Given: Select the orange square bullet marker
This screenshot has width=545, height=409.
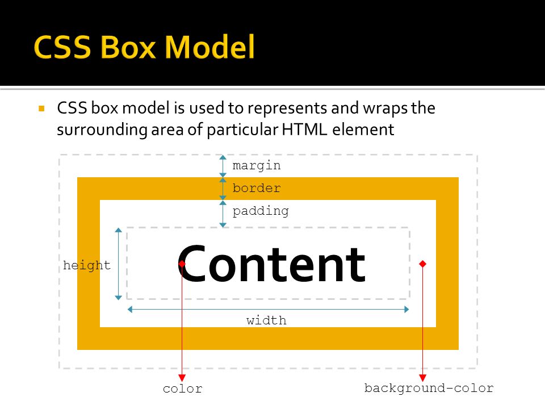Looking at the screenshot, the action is tap(41, 108).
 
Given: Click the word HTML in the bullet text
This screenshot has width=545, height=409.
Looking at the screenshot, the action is tap(304, 130).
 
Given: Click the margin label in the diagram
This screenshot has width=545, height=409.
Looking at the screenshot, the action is tap(257, 165).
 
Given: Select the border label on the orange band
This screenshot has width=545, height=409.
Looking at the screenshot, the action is tap(257, 188).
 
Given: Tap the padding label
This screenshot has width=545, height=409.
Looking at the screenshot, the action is tap(261, 211).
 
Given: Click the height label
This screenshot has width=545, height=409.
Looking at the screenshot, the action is tap(87, 265).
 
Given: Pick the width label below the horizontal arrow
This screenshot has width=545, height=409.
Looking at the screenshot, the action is tap(267, 320).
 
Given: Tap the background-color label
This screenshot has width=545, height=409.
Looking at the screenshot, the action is tap(429, 388).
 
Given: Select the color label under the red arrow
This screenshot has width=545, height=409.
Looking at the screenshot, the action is tap(182, 389).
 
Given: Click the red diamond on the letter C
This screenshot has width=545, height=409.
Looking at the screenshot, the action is tap(182, 264).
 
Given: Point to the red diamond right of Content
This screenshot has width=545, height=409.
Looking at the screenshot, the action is tap(422, 264).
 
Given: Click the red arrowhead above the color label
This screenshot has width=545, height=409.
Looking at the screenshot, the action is tap(182, 378).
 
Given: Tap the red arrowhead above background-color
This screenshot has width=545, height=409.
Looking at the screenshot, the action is tap(422, 378).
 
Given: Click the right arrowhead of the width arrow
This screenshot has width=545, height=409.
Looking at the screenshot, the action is tap(406, 310).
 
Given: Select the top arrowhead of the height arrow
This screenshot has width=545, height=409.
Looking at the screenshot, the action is tap(119, 230).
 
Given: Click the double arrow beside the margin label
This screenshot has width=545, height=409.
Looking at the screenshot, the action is tap(223, 166).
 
